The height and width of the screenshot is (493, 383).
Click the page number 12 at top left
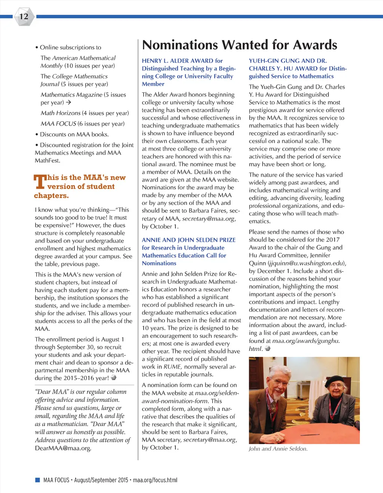24,16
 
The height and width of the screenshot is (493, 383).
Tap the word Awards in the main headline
315,45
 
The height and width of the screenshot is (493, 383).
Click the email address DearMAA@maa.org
63,448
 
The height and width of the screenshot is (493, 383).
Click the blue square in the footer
37,480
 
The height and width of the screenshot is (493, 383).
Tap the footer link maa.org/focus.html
155,480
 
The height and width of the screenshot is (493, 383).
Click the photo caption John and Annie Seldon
278,449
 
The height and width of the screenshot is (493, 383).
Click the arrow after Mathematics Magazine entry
68,102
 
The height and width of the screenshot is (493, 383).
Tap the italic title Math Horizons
61,113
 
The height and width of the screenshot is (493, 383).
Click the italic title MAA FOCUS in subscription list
58,124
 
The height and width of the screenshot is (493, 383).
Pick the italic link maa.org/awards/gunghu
305,341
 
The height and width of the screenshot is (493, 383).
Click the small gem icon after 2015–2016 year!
114,378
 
